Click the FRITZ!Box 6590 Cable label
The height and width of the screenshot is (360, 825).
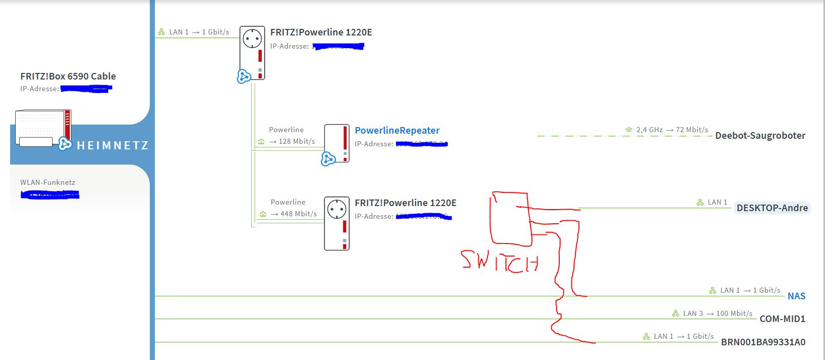click(68, 76)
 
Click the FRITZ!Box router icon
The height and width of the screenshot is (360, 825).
click(43, 128)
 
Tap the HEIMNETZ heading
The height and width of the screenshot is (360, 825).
click(112, 146)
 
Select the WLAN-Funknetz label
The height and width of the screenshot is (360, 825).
click(48, 182)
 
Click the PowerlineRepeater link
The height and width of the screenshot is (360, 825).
click(397, 131)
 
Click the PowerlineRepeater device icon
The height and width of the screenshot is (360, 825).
click(337, 143)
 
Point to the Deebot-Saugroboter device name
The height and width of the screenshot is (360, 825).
click(760, 136)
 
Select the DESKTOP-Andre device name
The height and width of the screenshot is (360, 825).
click(772, 208)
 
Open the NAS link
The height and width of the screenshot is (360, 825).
click(796, 296)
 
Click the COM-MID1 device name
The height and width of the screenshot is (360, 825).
click(782, 319)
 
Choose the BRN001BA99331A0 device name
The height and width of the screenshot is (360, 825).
click(763, 342)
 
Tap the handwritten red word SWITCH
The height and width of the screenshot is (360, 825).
click(500, 262)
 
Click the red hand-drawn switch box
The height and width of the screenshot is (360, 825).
click(510, 219)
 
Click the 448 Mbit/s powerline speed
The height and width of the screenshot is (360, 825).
click(299, 214)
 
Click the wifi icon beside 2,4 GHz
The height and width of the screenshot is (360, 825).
click(629, 130)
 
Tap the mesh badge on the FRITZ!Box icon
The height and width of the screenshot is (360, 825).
click(64, 144)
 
